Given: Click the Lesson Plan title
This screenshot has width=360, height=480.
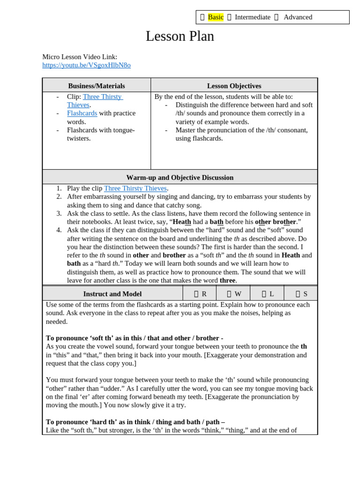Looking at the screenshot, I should [180, 37].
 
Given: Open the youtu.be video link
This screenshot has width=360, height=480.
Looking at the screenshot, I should [86, 65].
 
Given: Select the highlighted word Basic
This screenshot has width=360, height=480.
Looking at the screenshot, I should [216, 17].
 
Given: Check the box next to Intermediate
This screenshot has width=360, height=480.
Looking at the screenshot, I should [229, 17].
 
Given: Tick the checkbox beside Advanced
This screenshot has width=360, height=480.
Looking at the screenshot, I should [277, 17].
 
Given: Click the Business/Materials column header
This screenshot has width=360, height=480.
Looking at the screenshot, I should [97, 86].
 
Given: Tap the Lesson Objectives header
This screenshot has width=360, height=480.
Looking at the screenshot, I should [234, 86].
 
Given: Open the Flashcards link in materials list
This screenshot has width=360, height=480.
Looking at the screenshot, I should [82, 113].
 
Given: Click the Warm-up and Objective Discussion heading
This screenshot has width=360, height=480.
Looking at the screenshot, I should [180, 178].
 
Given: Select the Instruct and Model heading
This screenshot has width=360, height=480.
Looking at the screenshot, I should [112, 294].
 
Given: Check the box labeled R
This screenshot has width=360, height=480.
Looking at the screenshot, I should [196, 294].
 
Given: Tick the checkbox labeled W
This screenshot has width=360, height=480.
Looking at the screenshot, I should [229, 294].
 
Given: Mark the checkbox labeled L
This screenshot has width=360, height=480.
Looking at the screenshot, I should [264, 294].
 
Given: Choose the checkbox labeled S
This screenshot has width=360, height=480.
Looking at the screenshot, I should [298, 294].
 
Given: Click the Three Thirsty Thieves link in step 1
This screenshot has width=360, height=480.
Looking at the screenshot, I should [135, 188].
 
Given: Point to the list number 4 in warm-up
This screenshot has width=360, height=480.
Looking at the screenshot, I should [59, 230].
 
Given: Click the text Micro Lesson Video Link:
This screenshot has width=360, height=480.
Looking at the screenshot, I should [80, 57].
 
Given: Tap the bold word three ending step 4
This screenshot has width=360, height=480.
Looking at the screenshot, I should [227, 280].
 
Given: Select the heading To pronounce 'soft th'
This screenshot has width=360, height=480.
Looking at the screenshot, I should [134, 338].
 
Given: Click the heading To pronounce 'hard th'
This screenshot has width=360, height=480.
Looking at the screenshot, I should [135, 422].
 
